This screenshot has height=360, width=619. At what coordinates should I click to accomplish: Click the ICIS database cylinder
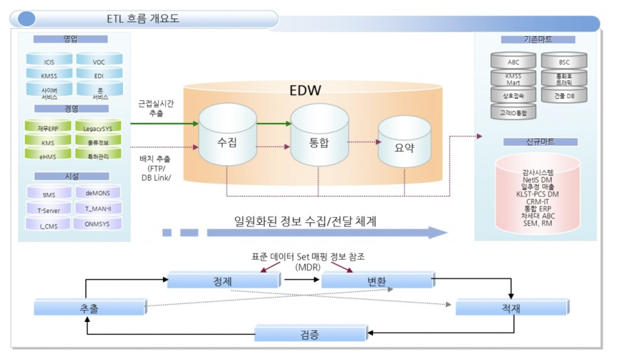click(x=49, y=60)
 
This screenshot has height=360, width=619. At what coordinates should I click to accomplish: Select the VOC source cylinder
click(x=99, y=60)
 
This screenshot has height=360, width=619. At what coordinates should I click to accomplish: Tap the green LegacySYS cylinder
click(x=98, y=127)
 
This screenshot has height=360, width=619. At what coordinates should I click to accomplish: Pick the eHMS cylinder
click(x=48, y=155)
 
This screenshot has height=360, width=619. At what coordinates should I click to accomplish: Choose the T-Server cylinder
click(x=49, y=209)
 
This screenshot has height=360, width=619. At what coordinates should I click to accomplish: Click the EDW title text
click(x=305, y=90)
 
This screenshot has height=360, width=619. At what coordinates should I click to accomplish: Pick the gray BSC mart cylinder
click(x=564, y=61)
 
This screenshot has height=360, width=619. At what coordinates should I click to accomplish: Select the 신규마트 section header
click(x=540, y=142)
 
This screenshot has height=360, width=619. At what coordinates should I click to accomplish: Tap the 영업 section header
click(x=70, y=39)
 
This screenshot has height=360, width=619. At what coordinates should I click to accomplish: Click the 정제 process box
click(x=223, y=281)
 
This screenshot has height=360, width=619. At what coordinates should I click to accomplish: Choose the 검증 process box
click(x=310, y=334)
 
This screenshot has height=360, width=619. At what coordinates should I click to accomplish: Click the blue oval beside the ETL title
click(x=26, y=19)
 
